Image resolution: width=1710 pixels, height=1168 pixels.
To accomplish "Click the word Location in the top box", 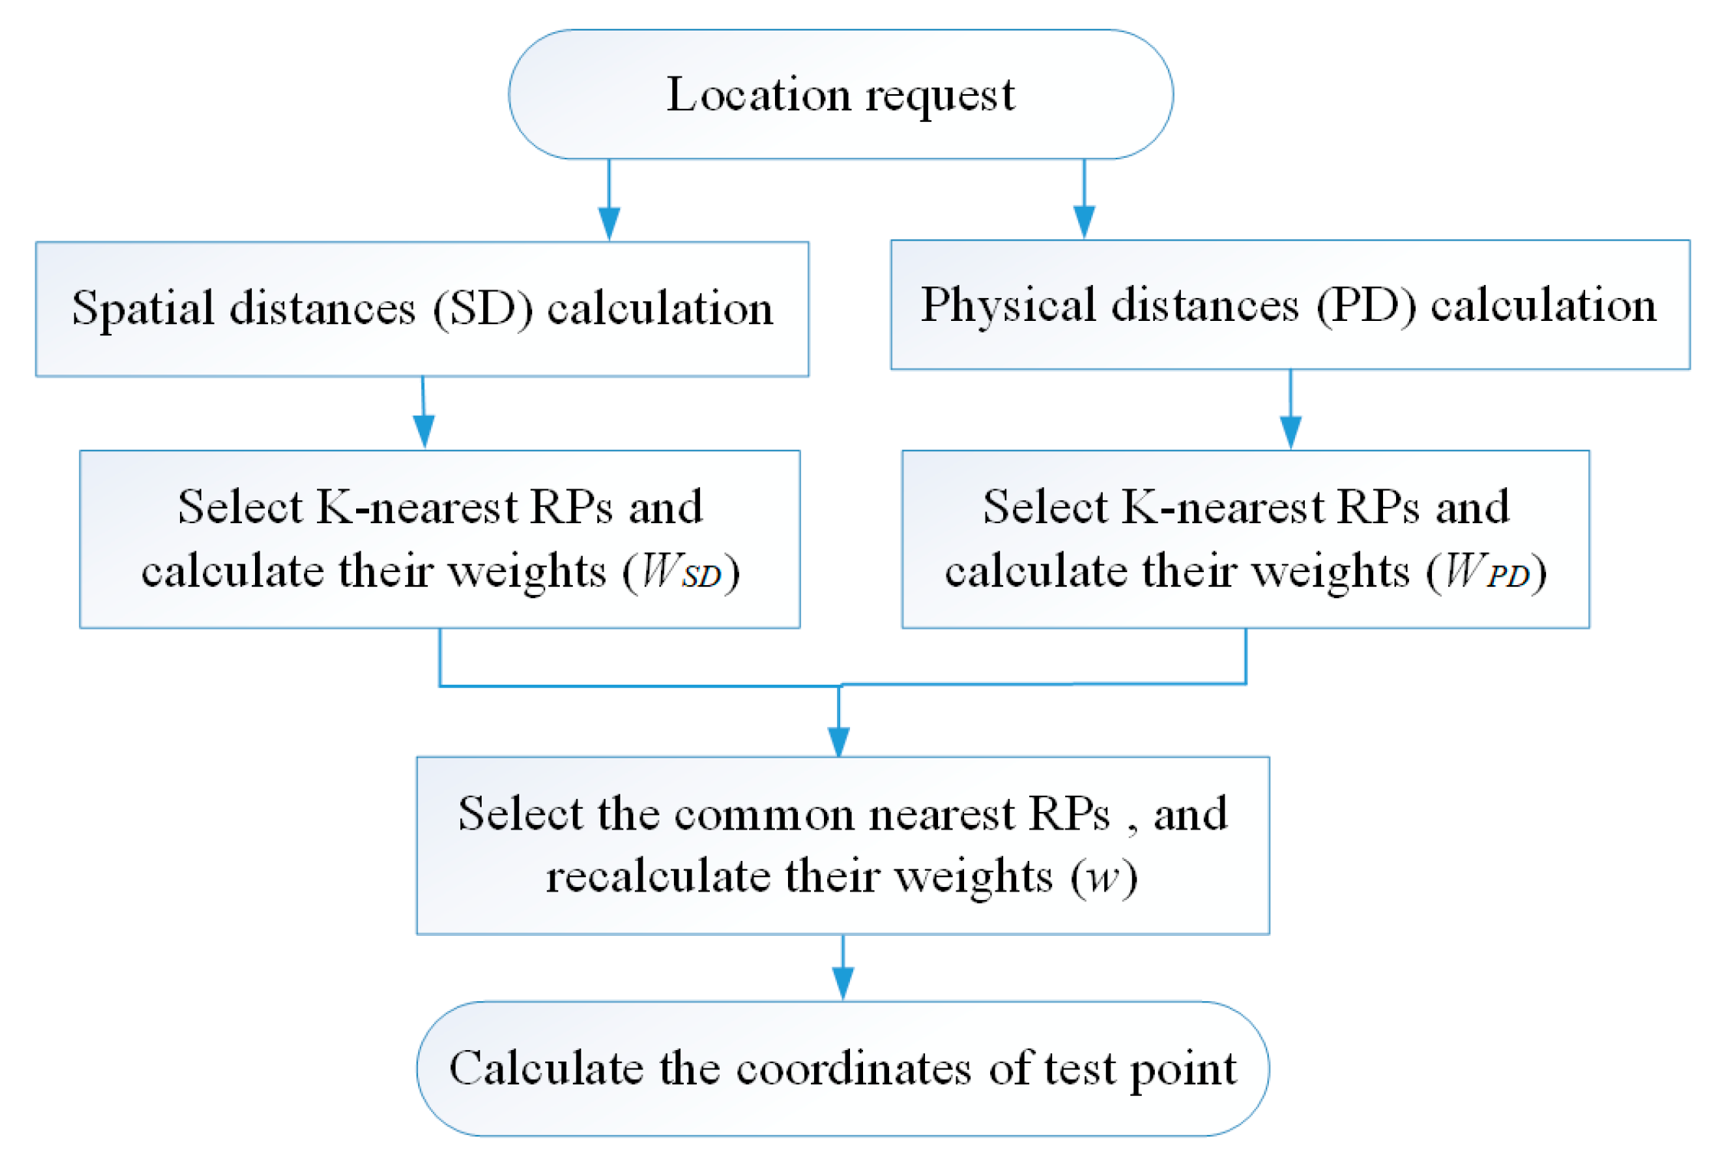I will point(757,95).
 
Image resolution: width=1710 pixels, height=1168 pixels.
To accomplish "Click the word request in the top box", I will point(940,97).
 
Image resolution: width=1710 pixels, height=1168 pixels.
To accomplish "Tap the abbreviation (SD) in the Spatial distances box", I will point(482,309).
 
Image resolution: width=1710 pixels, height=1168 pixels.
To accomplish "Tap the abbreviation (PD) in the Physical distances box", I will point(1366,306).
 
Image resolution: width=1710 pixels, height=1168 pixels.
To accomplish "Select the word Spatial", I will point(142,309).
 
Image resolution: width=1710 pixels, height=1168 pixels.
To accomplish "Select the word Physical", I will point(1008,306).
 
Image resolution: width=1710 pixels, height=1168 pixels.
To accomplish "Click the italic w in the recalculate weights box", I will point(1103,876).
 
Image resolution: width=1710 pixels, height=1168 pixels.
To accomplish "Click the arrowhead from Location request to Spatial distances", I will point(609,223).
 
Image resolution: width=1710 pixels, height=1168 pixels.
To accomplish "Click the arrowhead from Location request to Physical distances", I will point(1084,221).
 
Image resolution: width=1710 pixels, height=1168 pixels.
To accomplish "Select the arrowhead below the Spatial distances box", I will point(424,431).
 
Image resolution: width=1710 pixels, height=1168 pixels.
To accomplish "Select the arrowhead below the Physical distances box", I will point(1290,432).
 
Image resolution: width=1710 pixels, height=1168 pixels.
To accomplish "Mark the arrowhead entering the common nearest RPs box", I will point(839,741).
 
